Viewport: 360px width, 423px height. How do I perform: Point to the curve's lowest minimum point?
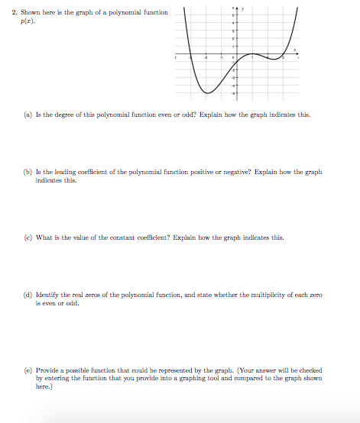(x=206, y=92)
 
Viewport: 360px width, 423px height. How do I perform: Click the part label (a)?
(x=26, y=114)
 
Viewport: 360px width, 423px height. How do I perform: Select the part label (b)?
(x=26, y=173)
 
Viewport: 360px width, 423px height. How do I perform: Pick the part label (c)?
(x=26, y=237)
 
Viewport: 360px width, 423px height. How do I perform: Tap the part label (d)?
(x=26, y=295)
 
